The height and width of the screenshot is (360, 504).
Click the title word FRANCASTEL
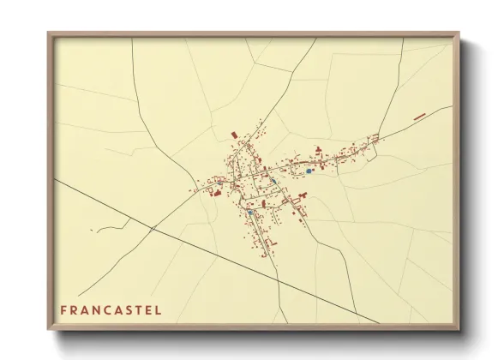(x=111, y=309)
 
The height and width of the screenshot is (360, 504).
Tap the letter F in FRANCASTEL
(x=63, y=309)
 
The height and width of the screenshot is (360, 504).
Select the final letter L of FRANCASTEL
(x=157, y=309)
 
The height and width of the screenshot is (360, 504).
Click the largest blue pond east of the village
(x=309, y=171)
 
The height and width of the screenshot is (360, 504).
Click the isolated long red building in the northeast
(x=420, y=116)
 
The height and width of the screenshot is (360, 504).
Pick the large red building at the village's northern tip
(x=234, y=135)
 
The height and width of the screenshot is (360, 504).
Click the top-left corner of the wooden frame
(x=49, y=34)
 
